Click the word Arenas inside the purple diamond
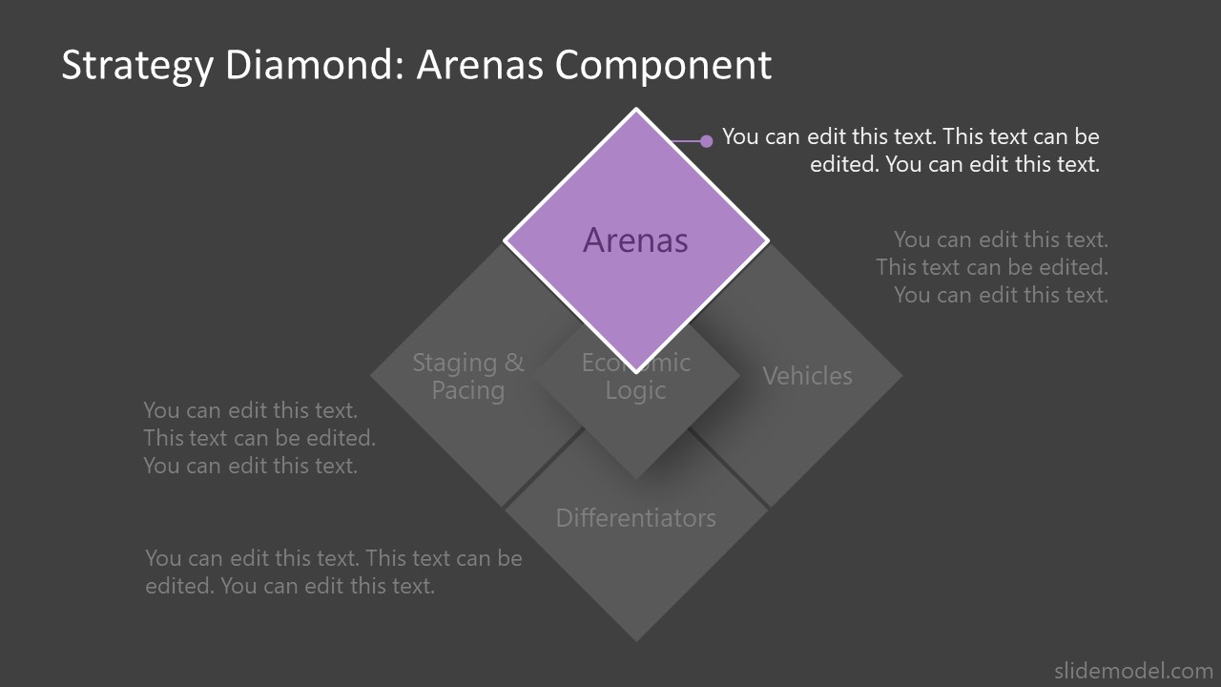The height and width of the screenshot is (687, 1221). (635, 240)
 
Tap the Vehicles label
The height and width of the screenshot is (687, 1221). (807, 376)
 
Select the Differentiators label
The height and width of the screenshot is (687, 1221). (635, 518)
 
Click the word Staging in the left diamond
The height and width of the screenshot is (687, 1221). (454, 364)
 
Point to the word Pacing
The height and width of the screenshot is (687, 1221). (467, 390)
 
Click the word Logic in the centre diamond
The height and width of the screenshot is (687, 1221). (635, 390)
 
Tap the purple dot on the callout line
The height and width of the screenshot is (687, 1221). (706, 141)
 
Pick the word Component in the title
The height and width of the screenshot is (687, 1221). (663, 65)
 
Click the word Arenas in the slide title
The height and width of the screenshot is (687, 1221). (480, 65)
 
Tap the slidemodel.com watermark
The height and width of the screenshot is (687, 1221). (1132, 670)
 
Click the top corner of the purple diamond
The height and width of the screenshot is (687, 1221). (635, 111)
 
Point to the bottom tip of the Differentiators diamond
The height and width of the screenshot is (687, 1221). (635, 640)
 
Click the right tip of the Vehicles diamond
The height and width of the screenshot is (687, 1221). (900, 376)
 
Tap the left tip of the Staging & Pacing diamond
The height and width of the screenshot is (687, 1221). (372, 376)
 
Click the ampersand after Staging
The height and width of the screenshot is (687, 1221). (514, 364)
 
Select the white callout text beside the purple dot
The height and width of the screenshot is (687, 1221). (911, 150)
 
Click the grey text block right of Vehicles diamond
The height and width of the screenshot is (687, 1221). (992, 267)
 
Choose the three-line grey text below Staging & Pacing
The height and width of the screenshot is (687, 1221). (259, 438)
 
